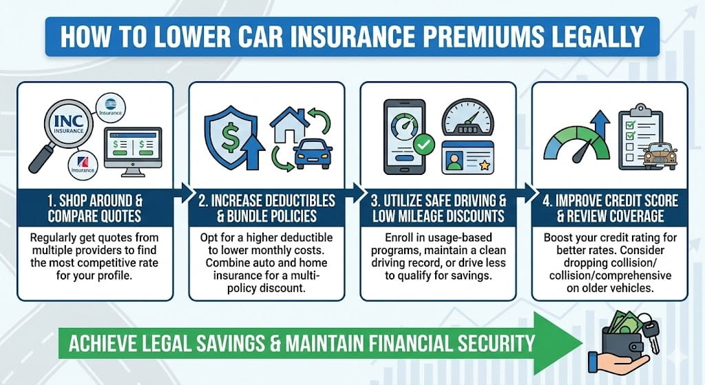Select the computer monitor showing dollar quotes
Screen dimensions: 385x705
point(131,148)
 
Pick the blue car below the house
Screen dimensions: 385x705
point(313,155)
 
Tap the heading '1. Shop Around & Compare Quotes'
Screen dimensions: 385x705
point(95,207)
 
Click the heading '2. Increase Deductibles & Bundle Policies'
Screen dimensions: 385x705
point(266,207)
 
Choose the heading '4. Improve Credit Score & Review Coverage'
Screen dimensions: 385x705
point(609,207)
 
